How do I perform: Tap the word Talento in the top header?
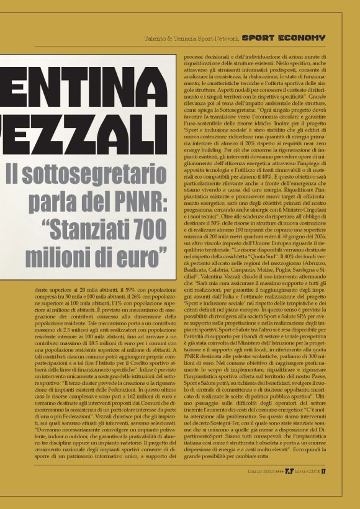pos(155,38)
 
